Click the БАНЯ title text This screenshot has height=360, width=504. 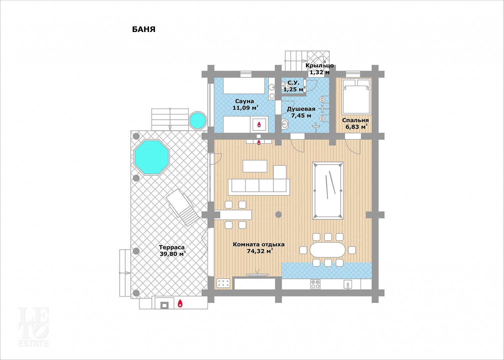(x=144, y=29)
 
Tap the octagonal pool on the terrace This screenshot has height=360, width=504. (x=151, y=157)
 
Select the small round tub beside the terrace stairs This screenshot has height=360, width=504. (x=198, y=120)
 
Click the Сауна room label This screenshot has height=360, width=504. (x=244, y=101)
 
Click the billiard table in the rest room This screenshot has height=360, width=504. (x=328, y=190)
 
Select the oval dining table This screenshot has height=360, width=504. (x=327, y=250)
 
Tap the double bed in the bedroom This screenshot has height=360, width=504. (x=356, y=96)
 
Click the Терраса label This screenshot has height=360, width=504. (x=172, y=247)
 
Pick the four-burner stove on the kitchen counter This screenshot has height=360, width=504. (x=315, y=284)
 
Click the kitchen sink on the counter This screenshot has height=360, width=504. (x=348, y=284)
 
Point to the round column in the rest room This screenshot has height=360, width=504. (x=279, y=214)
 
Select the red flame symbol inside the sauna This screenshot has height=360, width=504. (x=259, y=124)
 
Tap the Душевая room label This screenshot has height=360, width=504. (x=301, y=109)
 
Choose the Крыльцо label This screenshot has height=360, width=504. (x=319, y=65)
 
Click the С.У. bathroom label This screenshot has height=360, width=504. (x=293, y=83)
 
